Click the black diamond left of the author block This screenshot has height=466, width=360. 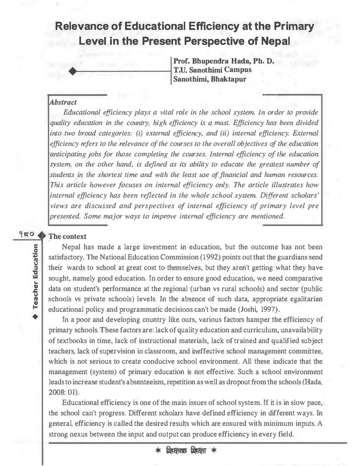tap(72, 72)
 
